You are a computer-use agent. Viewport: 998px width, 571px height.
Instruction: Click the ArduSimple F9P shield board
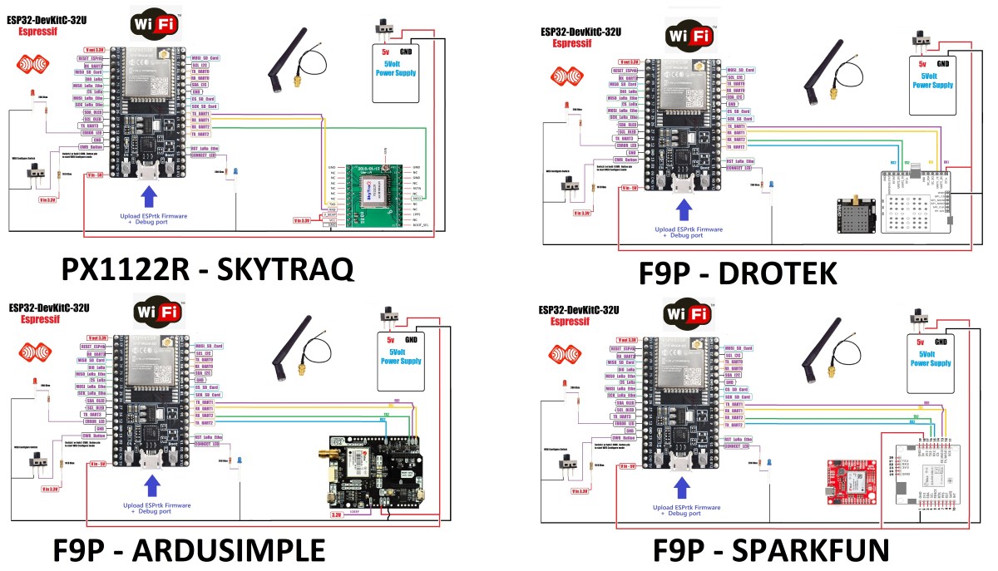tap(379, 473)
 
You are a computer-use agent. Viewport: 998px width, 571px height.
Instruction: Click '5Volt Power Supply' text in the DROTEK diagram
tap(931, 80)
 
